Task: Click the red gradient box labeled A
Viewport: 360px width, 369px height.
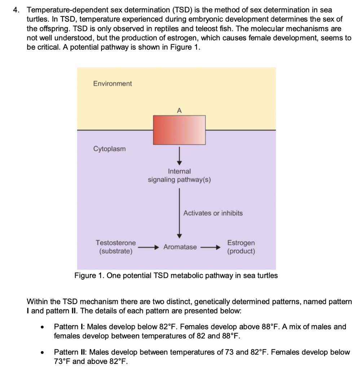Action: (179, 130)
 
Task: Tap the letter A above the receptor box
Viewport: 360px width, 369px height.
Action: (179, 110)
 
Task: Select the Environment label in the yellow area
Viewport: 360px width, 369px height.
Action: (113, 84)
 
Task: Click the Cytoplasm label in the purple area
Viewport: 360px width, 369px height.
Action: (110, 149)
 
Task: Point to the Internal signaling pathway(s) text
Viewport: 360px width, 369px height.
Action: (179, 175)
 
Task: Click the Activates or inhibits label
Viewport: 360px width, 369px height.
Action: (213, 213)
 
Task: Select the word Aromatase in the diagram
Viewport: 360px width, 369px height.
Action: (180, 247)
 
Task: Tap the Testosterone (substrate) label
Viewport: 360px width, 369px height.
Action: (116, 247)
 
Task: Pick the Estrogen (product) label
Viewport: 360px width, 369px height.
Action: (241, 247)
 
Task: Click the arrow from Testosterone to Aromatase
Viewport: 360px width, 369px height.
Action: (148, 248)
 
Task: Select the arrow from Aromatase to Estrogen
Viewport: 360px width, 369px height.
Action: (210, 248)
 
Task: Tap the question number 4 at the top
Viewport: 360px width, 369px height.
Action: (16, 10)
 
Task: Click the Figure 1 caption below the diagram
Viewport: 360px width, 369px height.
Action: (176, 276)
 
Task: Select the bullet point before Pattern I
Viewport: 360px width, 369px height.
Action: (43, 328)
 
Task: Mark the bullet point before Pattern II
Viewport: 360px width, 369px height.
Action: (43, 353)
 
